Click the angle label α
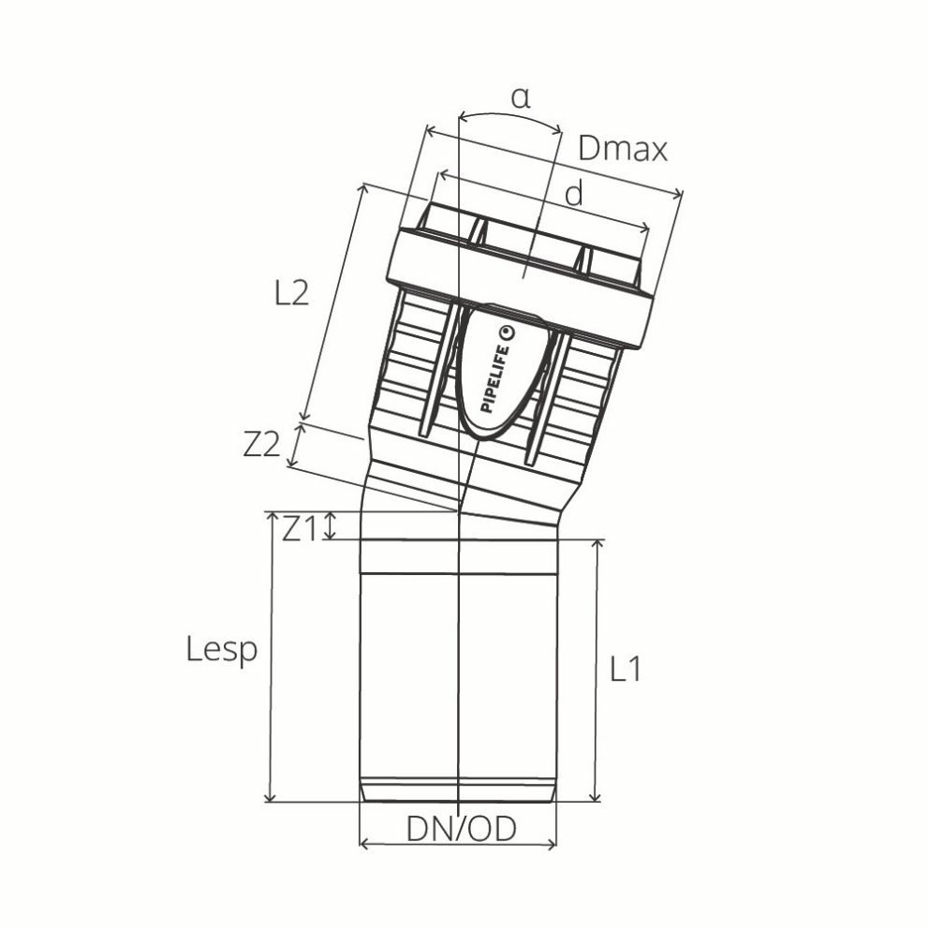pyautogui.click(x=521, y=98)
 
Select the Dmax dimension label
pyautogui.click(x=623, y=148)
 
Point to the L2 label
pyautogui.click(x=291, y=294)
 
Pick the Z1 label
pyautogui.click(x=300, y=529)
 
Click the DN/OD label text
pyautogui.click(x=461, y=830)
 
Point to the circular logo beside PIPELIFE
pyautogui.click(x=508, y=332)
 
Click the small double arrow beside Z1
pyautogui.click(x=329, y=526)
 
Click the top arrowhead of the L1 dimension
pyautogui.click(x=595, y=545)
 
